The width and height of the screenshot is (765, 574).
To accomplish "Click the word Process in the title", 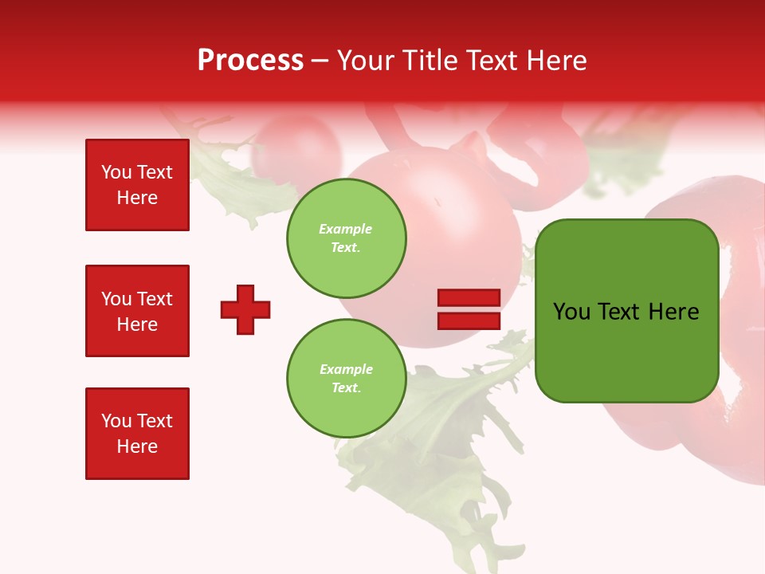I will [x=250, y=61].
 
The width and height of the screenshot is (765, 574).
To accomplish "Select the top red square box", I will [x=137, y=185].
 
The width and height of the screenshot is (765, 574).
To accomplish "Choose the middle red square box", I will [x=137, y=311].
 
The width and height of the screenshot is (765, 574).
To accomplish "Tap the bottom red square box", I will [x=137, y=434].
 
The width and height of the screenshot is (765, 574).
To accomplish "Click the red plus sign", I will [x=245, y=309].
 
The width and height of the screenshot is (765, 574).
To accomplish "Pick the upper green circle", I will [x=346, y=238].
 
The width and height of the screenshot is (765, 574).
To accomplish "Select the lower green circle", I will [x=346, y=379].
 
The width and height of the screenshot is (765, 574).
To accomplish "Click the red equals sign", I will [x=469, y=309].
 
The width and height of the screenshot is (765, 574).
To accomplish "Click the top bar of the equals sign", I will [x=469, y=298].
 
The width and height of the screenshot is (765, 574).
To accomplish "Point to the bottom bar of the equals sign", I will [x=469, y=320].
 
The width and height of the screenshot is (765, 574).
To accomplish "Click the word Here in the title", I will [x=559, y=61].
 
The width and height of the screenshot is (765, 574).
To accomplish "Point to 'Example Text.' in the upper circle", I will [x=346, y=238].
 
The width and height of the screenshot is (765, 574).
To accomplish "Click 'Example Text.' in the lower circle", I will [x=346, y=379].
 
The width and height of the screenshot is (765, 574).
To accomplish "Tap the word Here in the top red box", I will [x=137, y=198].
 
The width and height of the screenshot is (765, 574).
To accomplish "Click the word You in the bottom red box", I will [x=116, y=421].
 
